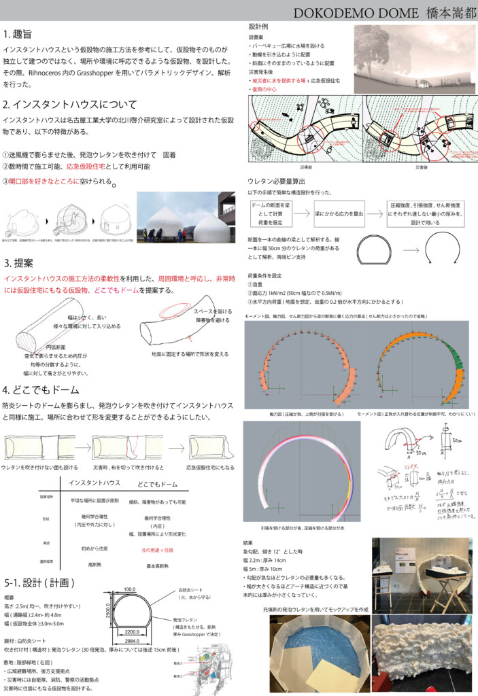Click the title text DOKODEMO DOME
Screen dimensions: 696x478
(345, 13)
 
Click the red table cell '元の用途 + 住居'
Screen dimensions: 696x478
(157, 549)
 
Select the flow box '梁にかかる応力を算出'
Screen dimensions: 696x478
(338, 213)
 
